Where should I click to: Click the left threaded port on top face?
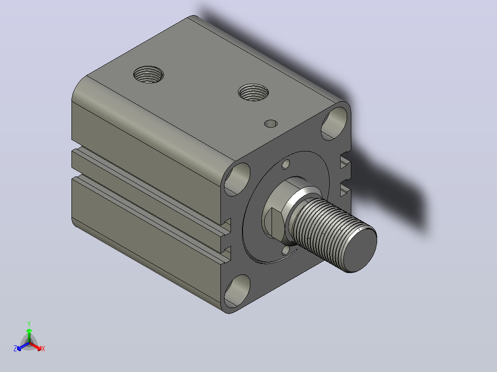[148, 75]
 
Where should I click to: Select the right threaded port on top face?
[253, 93]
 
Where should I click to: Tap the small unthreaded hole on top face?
[271, 123]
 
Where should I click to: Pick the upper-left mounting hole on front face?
[237, 179]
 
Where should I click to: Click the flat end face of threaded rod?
[361, 247]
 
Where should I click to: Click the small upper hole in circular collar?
[285, 164]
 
